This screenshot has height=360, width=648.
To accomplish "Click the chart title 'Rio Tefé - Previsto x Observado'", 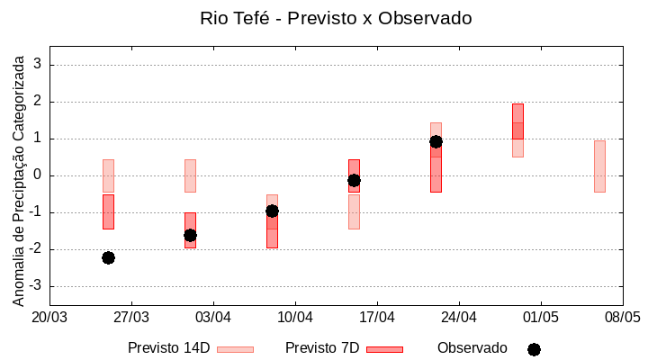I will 336,18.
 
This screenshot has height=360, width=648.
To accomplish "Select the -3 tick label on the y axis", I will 37,286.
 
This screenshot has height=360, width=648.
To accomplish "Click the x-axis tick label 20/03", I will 49,317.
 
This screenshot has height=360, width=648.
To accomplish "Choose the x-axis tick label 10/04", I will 295,317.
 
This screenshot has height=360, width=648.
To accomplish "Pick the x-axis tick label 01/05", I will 540,317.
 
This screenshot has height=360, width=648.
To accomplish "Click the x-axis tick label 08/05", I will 622,317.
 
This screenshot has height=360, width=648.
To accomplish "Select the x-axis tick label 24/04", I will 459,317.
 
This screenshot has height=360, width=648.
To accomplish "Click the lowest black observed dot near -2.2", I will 108,257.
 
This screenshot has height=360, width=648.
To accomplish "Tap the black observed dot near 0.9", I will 436,141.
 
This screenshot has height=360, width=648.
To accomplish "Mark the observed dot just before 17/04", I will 354,180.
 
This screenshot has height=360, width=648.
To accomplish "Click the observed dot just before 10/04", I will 272,211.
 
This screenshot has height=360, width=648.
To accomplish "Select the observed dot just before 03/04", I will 190,235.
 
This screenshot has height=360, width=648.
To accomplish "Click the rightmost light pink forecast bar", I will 599,166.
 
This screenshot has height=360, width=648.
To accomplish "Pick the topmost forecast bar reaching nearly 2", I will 517,121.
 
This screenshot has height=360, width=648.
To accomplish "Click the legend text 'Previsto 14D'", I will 168,348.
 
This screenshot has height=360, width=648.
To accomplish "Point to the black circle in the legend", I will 534,349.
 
